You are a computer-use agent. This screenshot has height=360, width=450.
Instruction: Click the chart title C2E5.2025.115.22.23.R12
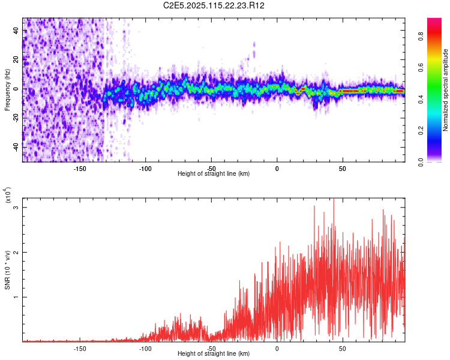pos(214,5)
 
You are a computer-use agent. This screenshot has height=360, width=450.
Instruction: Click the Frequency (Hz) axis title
pos(8,89)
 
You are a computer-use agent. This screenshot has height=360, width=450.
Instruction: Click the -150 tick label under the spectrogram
pos(80,168)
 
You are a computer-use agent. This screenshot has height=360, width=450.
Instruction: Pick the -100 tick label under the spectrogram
pos(145,168)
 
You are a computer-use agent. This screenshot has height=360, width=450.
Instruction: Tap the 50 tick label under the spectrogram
pos(343,168)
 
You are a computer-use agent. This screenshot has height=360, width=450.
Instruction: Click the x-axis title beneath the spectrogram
pos(214,174)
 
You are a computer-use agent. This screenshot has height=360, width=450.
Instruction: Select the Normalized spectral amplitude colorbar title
pos(446,89)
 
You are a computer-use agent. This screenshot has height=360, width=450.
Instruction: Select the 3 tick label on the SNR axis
pos(17,208)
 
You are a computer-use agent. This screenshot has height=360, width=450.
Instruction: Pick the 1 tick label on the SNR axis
pos(17,297)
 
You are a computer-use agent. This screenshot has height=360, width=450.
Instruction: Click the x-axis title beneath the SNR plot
pos(214,354)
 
